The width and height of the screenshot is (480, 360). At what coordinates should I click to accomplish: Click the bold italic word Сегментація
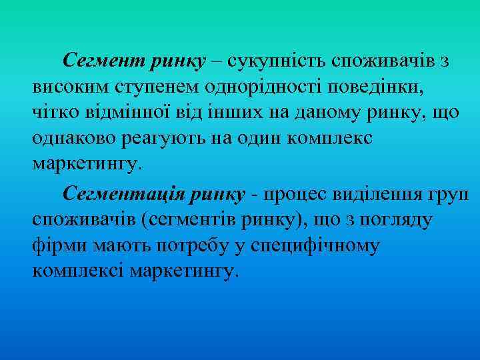pos(124,193)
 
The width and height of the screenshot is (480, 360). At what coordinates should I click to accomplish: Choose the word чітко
pos(53,113)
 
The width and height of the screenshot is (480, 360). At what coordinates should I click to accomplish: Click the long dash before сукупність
pos(219,62)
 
